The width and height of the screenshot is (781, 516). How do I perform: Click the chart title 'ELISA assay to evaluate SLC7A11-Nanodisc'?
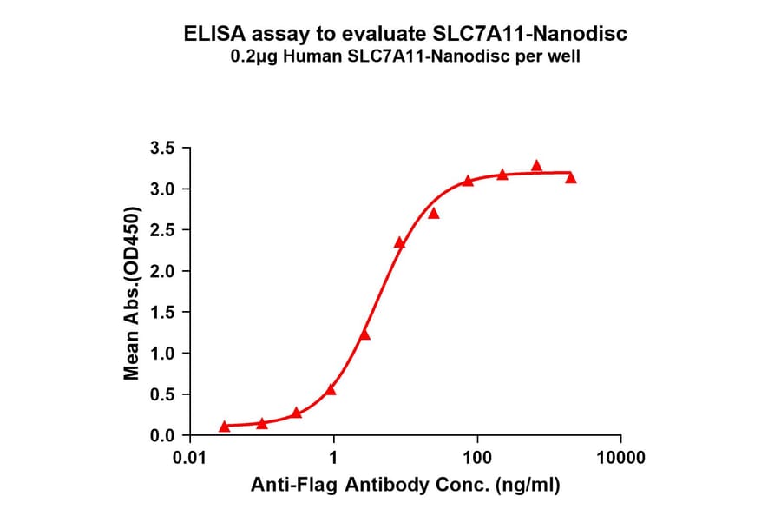tap(405, 35)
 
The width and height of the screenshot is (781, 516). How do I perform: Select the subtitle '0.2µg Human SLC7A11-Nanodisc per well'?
tap(405, 58)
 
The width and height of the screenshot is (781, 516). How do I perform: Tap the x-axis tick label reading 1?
tap(334, 457)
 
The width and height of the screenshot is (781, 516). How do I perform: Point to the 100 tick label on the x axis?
tap(476, 457)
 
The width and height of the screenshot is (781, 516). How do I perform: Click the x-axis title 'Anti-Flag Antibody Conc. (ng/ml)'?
tap(405, 486)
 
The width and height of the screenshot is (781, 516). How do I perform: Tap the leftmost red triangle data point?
tap(225, 426)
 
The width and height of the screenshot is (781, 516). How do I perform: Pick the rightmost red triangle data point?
tap(570, 178)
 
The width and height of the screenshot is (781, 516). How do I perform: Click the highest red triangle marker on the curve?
tap(536, 166)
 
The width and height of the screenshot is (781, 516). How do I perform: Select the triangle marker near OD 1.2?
tap(364, 334)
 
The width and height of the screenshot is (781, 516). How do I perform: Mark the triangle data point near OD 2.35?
tap(399, 243)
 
